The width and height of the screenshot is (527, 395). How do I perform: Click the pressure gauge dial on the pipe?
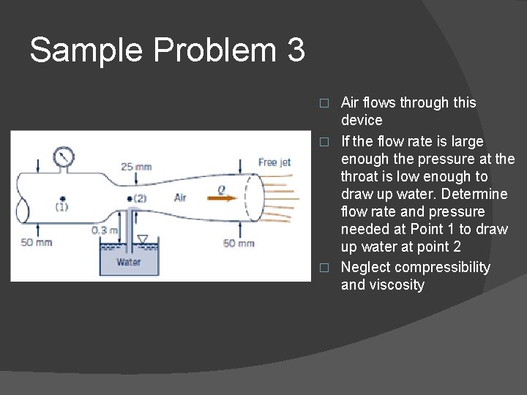[64, 157]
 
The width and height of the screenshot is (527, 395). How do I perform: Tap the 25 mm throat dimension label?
[136, 167]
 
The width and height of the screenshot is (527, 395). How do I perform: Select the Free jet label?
[274, 162]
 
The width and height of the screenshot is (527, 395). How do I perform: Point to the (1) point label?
[62, 207]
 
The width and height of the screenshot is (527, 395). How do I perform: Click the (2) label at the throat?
[139, 198]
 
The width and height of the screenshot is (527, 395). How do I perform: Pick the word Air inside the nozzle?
[180, 197]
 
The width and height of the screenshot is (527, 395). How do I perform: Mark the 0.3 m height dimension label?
[105, 230]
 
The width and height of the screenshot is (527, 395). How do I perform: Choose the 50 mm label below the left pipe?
[36, 242]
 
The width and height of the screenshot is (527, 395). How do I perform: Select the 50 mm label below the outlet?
[239, 243]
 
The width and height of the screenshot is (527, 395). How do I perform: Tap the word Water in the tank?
[129, 261]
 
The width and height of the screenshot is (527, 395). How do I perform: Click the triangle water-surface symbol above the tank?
[143, 238]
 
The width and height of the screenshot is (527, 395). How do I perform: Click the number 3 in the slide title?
[296, 50]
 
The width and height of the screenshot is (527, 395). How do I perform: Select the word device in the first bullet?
[362, 121]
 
